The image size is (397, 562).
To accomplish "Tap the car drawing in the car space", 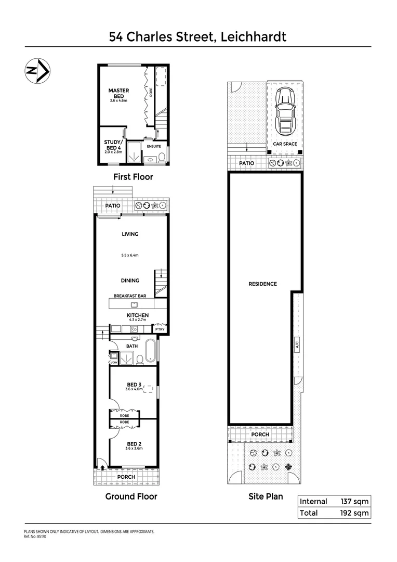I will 284,110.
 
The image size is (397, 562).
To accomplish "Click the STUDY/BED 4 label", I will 113,145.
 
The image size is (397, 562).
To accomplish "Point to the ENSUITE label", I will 154,147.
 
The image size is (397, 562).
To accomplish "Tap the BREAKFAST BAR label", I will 130,296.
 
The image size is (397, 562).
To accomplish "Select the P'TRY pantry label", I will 160,330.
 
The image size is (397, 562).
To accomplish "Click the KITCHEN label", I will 138,315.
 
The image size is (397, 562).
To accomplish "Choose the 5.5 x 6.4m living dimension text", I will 130,256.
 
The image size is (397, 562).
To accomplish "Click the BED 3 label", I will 135,385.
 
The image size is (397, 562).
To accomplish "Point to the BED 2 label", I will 135,444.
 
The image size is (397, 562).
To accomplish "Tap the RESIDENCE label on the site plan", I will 262,284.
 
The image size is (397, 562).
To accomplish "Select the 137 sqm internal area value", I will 355,502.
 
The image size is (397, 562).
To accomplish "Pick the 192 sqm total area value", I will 355,513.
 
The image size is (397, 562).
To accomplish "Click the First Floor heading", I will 133,177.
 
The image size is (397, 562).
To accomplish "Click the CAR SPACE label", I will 285,143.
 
